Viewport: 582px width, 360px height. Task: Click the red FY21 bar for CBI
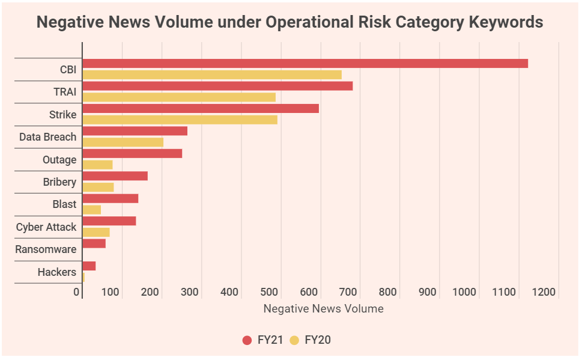pyautogui.click(x=305, y=63)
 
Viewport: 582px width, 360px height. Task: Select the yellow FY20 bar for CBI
pyautogui.click(x=212, y=75)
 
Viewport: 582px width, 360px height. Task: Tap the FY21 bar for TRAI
pyautogui.click(x=217, y=86)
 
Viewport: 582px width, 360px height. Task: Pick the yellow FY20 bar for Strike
pyautogui.click(x=180, y=120)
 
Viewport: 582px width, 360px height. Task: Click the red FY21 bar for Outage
pyautogui.click(x=132, y=153)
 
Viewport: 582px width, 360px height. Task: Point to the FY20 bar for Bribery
pyautogui.click(x=98, y=187)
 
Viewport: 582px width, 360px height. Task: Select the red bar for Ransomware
pyautogui.click(x=94, y=243)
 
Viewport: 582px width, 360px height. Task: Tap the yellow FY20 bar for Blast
pyautogui.click(x=91, y=210)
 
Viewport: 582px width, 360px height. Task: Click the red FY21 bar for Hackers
pyautogui.click(x=89, y=266)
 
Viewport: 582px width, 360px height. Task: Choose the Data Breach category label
pyautogui.click(x=47, y=137)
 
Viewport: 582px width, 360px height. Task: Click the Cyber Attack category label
pyautogui.click(x=46, y=227)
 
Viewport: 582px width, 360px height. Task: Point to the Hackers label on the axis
pyautogui.click(x=56, y=272)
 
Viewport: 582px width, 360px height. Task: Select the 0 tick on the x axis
pyautogui.click(x=77, y=292)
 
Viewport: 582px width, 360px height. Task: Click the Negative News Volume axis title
pyautogui.click(x=323, y=309)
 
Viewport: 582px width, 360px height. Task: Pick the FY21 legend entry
pyautogui.click(x=263, y=340)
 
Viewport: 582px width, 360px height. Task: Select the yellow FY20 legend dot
pyautogui.click(x=294, y=340)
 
